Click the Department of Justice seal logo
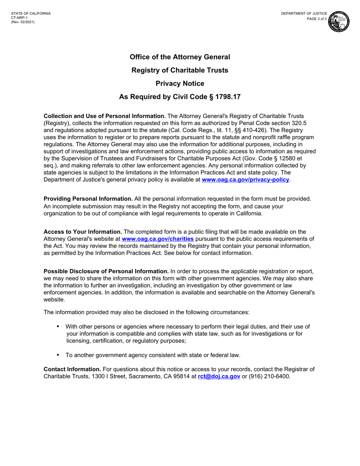tap(339, 22)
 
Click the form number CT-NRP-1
tap(19, 18)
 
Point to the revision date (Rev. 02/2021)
tap(23, 22)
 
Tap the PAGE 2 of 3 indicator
tap(317, 19)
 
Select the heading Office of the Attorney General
tap(180, 57)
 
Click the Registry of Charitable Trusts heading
tap(180, 70)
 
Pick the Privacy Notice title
tap(180, 84)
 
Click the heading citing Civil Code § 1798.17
tap(180, 97)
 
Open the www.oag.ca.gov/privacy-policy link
tap(246, 180)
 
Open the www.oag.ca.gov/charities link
tap(158, 239)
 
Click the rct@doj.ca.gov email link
tap(219, 376)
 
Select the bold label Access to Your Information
tap(83, 232)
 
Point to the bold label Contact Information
tap(72, 369)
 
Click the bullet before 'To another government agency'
tap(58, 355)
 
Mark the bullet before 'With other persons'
tap(58, 327)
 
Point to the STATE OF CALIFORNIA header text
tap(31, 14)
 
